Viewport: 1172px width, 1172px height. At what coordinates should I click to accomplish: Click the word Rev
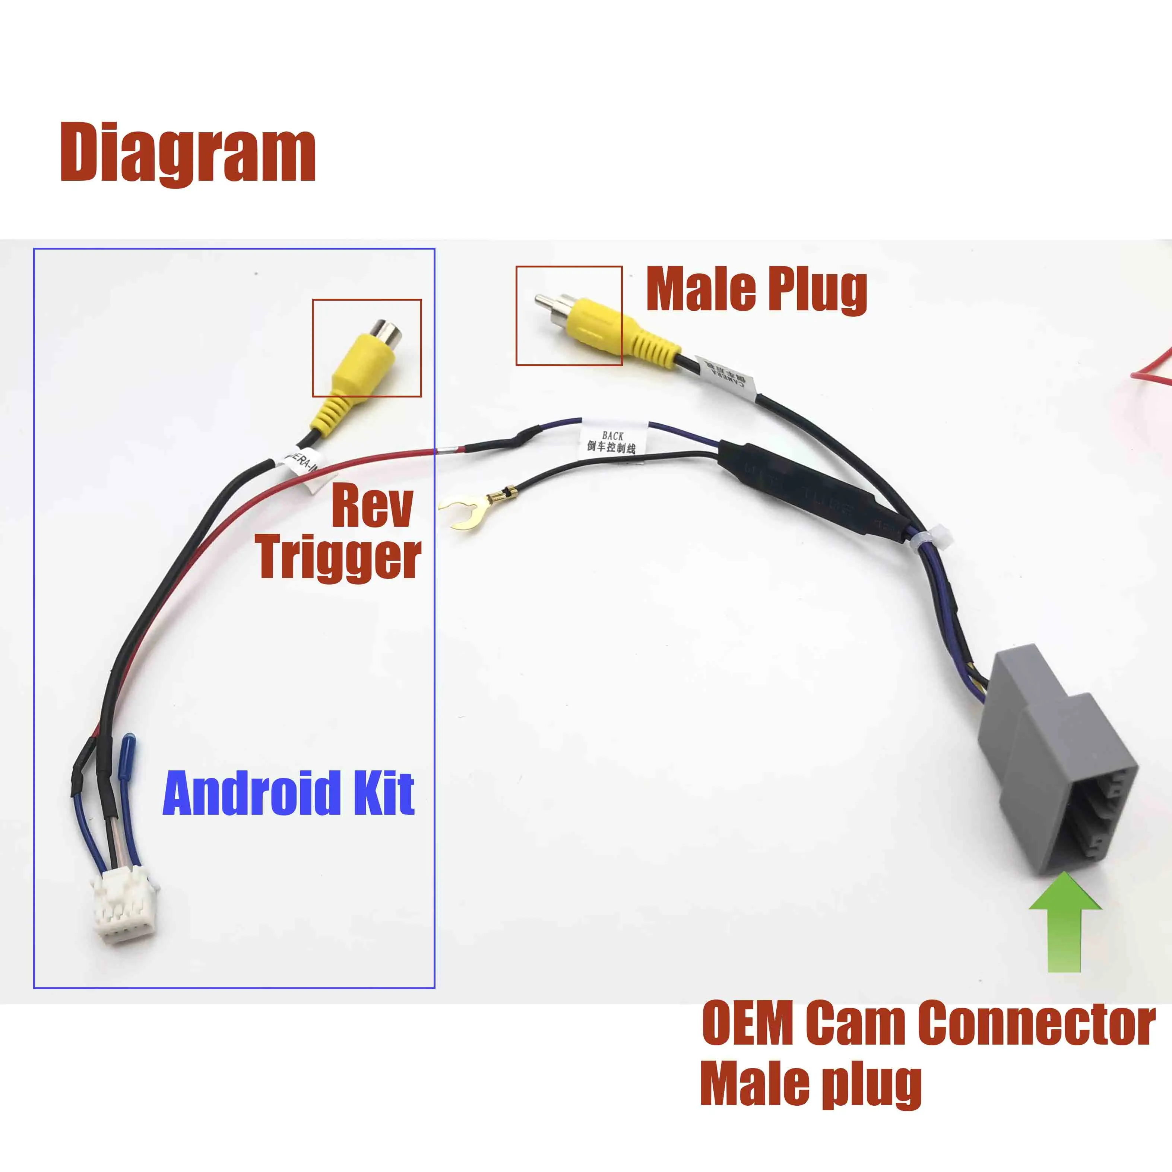(x=372, y=507)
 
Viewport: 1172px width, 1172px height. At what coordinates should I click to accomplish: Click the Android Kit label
(x=289, y=794)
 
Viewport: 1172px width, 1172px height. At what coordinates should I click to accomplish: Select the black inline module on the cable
(x=807, y=485)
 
